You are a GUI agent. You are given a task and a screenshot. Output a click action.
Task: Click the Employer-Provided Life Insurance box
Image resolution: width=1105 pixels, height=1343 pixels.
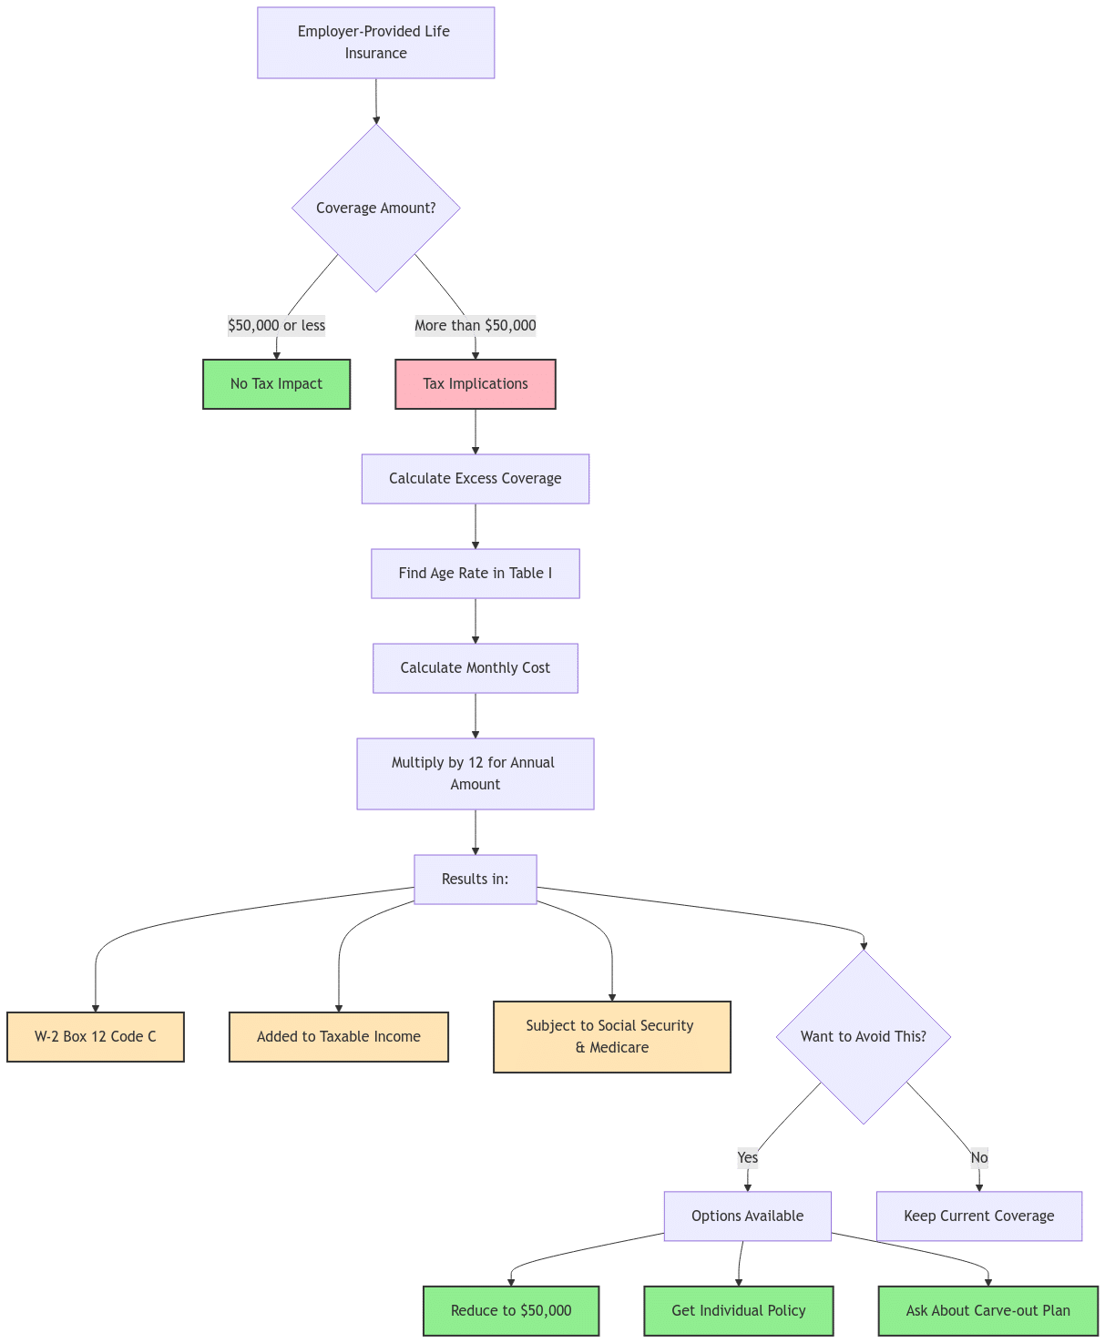(375, 43)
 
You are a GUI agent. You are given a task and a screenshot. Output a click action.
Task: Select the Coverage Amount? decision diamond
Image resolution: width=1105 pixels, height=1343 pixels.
(375, 208)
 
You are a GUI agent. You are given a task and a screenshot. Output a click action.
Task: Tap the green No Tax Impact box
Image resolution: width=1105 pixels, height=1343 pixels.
(276, 384)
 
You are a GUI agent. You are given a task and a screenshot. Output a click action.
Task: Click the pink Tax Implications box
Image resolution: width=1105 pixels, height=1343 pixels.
(475, 384)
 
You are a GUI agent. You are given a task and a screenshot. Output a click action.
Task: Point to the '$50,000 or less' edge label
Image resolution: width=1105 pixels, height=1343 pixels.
(276, 325)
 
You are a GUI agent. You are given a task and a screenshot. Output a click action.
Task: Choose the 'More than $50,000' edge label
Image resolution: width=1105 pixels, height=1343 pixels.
(475, 325)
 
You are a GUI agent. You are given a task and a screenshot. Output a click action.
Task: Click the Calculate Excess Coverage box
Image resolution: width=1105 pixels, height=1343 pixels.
(475, 479)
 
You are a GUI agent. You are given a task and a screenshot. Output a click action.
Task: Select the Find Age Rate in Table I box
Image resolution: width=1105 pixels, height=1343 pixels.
(475, 574)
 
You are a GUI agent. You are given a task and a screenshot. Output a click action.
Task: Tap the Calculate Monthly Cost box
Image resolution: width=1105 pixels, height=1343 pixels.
(475, 668)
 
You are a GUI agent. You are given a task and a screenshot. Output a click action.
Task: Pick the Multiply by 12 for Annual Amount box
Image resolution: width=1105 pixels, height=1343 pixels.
(475, 773)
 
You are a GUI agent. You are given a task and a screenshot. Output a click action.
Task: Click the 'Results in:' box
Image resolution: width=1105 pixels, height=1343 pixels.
(475, 880)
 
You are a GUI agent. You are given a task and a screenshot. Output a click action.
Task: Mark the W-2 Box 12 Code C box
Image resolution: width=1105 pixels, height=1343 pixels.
(95, 1036)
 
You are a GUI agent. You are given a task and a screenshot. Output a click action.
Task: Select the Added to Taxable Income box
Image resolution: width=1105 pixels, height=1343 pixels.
(338, 1036)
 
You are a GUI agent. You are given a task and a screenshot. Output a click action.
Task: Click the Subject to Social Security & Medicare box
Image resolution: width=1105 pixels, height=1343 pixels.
(611, 1036)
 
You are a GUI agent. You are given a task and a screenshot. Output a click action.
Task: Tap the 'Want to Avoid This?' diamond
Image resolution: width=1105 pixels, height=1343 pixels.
(863, 1036)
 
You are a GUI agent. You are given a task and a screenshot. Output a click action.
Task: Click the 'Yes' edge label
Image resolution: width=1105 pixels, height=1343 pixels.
(747, 1157)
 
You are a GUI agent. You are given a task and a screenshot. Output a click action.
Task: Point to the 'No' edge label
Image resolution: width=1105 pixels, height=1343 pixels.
(978, 1157)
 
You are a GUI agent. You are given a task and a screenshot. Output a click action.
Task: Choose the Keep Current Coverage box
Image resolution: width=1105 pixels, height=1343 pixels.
(978, 1216)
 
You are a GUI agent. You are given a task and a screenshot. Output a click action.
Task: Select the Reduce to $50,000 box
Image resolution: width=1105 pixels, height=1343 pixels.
(511, 1311)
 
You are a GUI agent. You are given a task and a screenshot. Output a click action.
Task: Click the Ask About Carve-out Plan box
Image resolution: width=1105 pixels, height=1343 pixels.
(987, 1311)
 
